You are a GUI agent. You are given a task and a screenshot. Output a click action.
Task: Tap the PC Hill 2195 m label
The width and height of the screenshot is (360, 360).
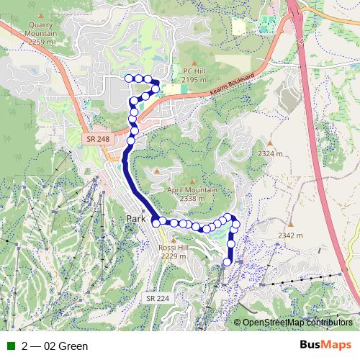coord(194,76)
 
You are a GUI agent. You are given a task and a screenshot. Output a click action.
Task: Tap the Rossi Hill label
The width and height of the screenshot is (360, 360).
coord(173,251)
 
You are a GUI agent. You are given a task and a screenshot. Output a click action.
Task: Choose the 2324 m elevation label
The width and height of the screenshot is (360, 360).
coord(269,154)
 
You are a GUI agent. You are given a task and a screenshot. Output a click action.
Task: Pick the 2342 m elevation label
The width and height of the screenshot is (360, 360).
coord(290,235)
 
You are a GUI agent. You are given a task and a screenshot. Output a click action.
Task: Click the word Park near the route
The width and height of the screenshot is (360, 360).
coord(136,218)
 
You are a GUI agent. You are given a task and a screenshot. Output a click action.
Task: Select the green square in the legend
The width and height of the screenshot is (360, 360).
coord(10,346)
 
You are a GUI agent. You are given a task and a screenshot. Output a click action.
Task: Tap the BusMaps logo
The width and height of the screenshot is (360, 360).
coord(325,346)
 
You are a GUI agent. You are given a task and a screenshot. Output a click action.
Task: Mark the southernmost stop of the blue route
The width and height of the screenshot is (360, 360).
coord(228,262)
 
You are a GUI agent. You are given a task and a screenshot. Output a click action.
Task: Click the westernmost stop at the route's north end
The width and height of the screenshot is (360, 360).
coord(129,78)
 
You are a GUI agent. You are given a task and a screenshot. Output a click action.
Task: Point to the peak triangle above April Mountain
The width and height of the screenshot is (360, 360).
coord(193,180)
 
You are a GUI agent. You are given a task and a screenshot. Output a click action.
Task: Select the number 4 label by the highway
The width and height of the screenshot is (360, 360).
coord(303,42)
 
